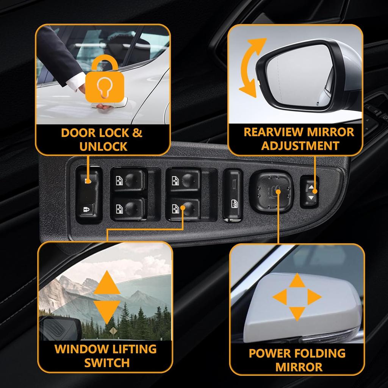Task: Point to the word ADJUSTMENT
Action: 300,146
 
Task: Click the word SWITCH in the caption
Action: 107,363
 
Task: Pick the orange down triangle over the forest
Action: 106,309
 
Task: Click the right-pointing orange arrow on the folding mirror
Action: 314,297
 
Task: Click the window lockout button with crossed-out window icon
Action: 233,205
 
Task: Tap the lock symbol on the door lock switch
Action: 86,208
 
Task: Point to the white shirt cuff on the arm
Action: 76,80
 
